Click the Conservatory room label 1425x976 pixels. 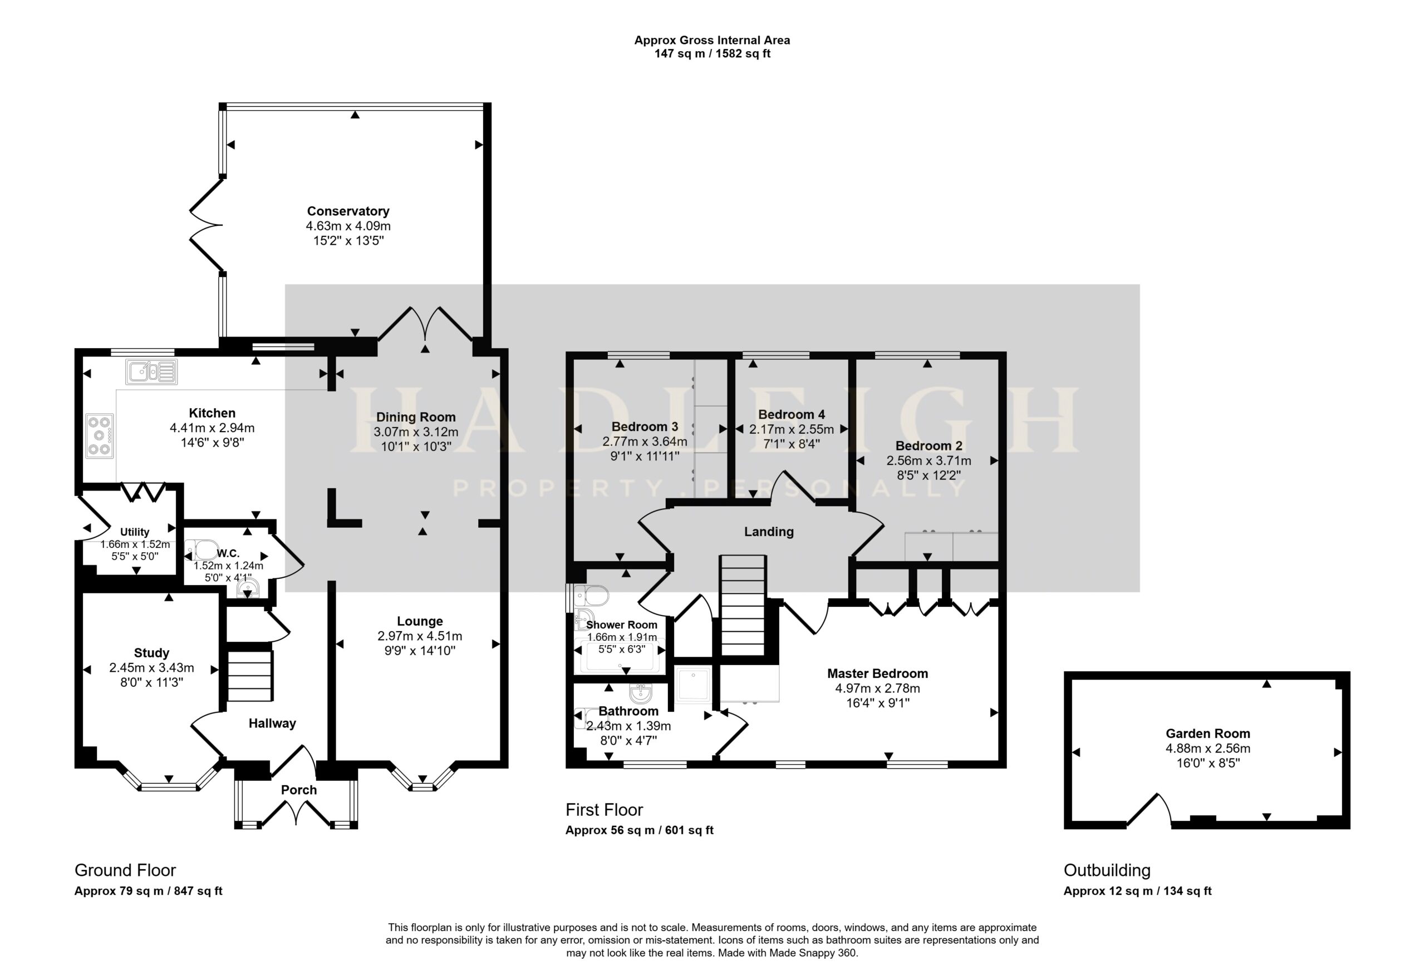coord(348,211)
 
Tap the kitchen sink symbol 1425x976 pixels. coord(152,372)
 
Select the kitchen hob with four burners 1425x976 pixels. coord(99,435)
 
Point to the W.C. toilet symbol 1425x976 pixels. coord(202,549)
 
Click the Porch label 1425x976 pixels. coord(298,790)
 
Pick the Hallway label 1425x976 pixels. coord(272,723)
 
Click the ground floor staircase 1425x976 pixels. coord(250,676)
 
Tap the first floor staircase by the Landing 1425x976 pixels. coord(743,605)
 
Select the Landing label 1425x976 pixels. coord(769,532)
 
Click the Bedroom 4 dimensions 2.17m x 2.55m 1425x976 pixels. coord(791,429)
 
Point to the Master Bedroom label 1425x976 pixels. coord(877,673)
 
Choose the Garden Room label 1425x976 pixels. coord(1207,734)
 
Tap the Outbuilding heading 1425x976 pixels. coord(1107,870)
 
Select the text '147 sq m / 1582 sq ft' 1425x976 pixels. coord(712,53)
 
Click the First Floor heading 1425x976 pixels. coord(604,810)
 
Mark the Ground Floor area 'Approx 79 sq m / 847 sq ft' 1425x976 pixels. coord(149,891)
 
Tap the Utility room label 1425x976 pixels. coord(134,532)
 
